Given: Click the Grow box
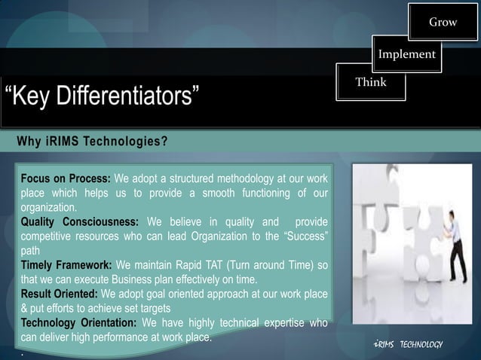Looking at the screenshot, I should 443,23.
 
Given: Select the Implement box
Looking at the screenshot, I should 406,54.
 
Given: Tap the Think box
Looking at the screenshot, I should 371,83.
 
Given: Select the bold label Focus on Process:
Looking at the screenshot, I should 66,179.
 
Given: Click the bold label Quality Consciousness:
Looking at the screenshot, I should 79,222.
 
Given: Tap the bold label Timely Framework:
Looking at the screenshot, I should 66,265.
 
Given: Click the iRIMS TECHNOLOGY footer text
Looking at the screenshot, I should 408,344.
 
